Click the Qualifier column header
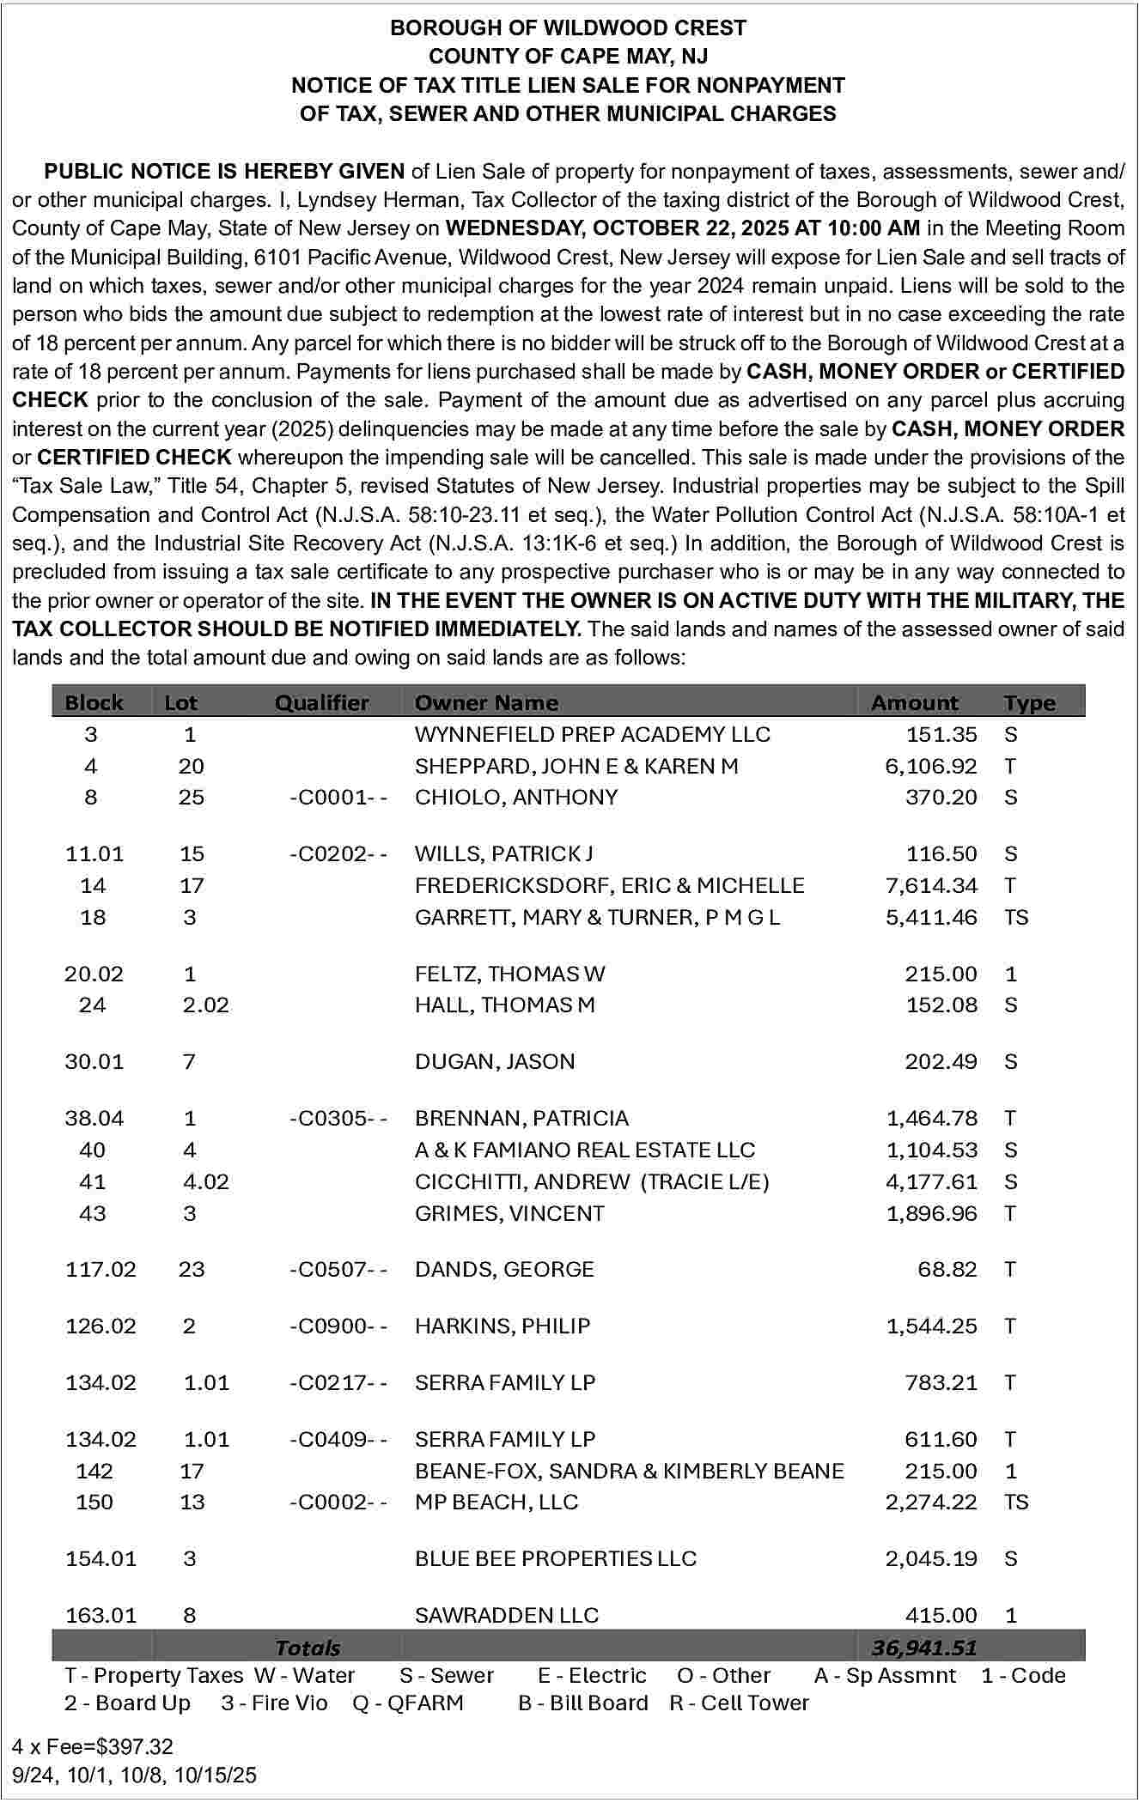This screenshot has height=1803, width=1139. pyautogui.click(x=321, y=702)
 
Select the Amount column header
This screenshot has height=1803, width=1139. pyautogui.click(x=914, y=702)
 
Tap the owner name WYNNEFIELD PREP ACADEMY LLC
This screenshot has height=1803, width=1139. pyautogui.click(x=592, y=734)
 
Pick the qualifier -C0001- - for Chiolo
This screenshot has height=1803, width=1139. pyautogui.click(x=338, y=797)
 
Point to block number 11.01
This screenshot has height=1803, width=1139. pyautogui.click(x=94, y=853)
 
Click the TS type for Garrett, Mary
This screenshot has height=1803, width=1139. pyautogui.click(x=1015, y=917)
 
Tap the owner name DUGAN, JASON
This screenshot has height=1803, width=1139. pyautogui.click(x=494, y=1061)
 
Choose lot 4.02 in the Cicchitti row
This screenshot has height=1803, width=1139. pyautogui.click(x=206, y=1181)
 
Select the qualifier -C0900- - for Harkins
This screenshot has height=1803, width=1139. pyautogui.click(x=338, y=1326)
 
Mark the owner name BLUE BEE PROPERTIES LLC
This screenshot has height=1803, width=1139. pyautogui.click(x=555, y=1558)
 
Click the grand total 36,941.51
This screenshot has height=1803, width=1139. pyautogui.click(x=923, y=1648)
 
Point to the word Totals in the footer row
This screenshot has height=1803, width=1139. pyautogui.click(x=308, y=1648)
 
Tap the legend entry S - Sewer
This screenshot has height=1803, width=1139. pyautogui.click(x=447, y=1675)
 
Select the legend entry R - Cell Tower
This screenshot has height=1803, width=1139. pyautogui.click(x=739, y=1703)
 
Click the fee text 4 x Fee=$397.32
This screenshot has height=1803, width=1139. pyautogui.click(x=93, y=1746)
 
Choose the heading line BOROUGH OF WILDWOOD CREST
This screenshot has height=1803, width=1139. pyautogui.click(x=568, y=27)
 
